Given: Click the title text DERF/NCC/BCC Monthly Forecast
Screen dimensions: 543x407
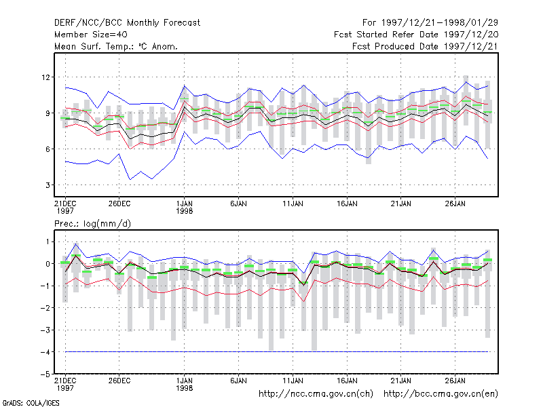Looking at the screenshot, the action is [127, 23].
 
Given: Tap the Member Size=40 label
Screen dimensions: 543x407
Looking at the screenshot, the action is [91, 35].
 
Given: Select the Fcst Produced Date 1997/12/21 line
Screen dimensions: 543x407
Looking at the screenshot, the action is [425, 46].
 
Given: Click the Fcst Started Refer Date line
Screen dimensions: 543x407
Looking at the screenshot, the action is [416, 35].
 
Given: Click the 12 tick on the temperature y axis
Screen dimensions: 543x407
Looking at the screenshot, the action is [45, 77].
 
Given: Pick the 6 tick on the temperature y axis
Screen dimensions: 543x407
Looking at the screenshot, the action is [48, 149].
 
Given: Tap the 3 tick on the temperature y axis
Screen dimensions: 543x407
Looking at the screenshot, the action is [48, 185].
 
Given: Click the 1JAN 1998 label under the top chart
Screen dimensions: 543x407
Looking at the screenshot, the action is [184, 208].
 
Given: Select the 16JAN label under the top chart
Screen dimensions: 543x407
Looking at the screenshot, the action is [347, 204].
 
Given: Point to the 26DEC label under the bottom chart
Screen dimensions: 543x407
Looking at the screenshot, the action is [119, 381].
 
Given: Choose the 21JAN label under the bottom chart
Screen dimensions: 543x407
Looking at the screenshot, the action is [401, 381].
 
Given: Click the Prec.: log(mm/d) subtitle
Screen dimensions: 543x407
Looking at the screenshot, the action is [92, 224].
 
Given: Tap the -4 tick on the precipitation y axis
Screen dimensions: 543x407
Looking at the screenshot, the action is [45, 352].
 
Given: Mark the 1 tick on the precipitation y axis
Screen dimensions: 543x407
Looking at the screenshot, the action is [48, 242].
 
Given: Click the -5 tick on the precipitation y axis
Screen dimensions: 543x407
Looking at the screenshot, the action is [45, 374].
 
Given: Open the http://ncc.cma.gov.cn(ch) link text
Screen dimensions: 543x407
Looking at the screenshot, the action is [316, 394].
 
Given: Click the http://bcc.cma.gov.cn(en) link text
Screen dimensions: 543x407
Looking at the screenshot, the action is [441, 394].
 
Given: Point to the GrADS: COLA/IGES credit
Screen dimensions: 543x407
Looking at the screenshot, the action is [31, 403].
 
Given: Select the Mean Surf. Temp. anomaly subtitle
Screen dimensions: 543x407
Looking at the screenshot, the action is [116, 46].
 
